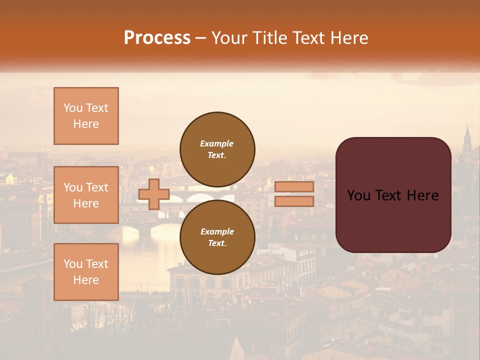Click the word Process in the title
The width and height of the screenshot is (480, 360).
[x=157, y=38]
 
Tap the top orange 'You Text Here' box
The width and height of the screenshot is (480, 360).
[x=86, y=116]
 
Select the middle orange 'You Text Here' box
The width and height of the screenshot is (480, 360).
[x=86, y=195]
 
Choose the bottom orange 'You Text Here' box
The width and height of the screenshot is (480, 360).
[x=86, y=272]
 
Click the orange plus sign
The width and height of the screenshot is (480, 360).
[x=154, y=194]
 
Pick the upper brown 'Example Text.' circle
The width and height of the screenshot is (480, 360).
[x=217, y=149]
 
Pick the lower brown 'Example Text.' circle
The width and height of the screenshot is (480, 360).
[x=217, y=237]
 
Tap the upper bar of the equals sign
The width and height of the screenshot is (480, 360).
[x=294, y=187]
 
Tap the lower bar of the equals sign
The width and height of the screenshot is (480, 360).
[x=294, y=201]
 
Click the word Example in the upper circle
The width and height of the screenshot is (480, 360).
[x=217, y=143]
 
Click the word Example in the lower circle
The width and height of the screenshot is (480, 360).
[x=217, y=231]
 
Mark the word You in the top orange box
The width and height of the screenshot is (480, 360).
[x=72, y=108]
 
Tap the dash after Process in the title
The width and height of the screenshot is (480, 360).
[x=200, y=38]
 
